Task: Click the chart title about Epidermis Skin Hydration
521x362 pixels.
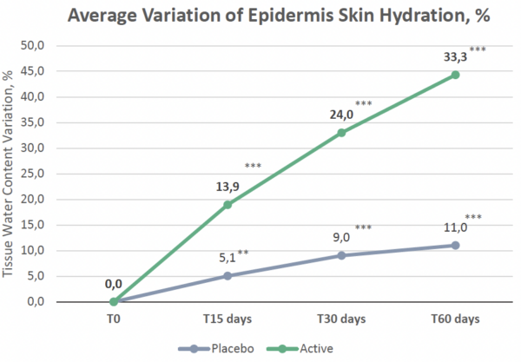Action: click(260, 16)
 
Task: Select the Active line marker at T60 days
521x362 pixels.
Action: click(454, 75)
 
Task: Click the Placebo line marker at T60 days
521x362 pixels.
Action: click(454, 246)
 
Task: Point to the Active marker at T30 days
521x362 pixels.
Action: click(341, 133)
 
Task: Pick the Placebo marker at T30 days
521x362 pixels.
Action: click(341, 255)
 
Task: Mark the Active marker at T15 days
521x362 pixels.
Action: click(228, 205)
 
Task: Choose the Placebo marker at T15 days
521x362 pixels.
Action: click(228, 276)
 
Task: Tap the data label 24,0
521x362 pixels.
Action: click(340, 113)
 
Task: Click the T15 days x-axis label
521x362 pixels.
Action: click(228, 319)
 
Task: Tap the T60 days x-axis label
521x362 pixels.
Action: click(454, 319)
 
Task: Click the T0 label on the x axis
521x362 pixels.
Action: click(114, 319)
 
